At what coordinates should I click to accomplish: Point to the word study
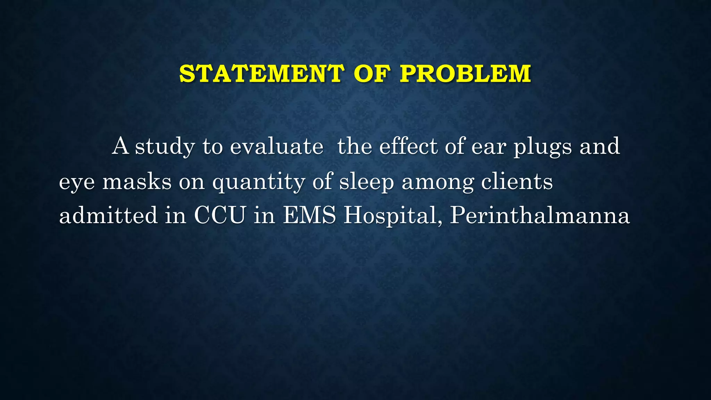point(165,147)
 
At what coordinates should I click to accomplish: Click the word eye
point(77,183)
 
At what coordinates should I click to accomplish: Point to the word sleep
point(366,182)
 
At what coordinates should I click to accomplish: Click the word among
point(437,183)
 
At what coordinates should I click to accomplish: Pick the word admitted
point(108,215)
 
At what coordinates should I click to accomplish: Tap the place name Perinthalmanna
point(540,215)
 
